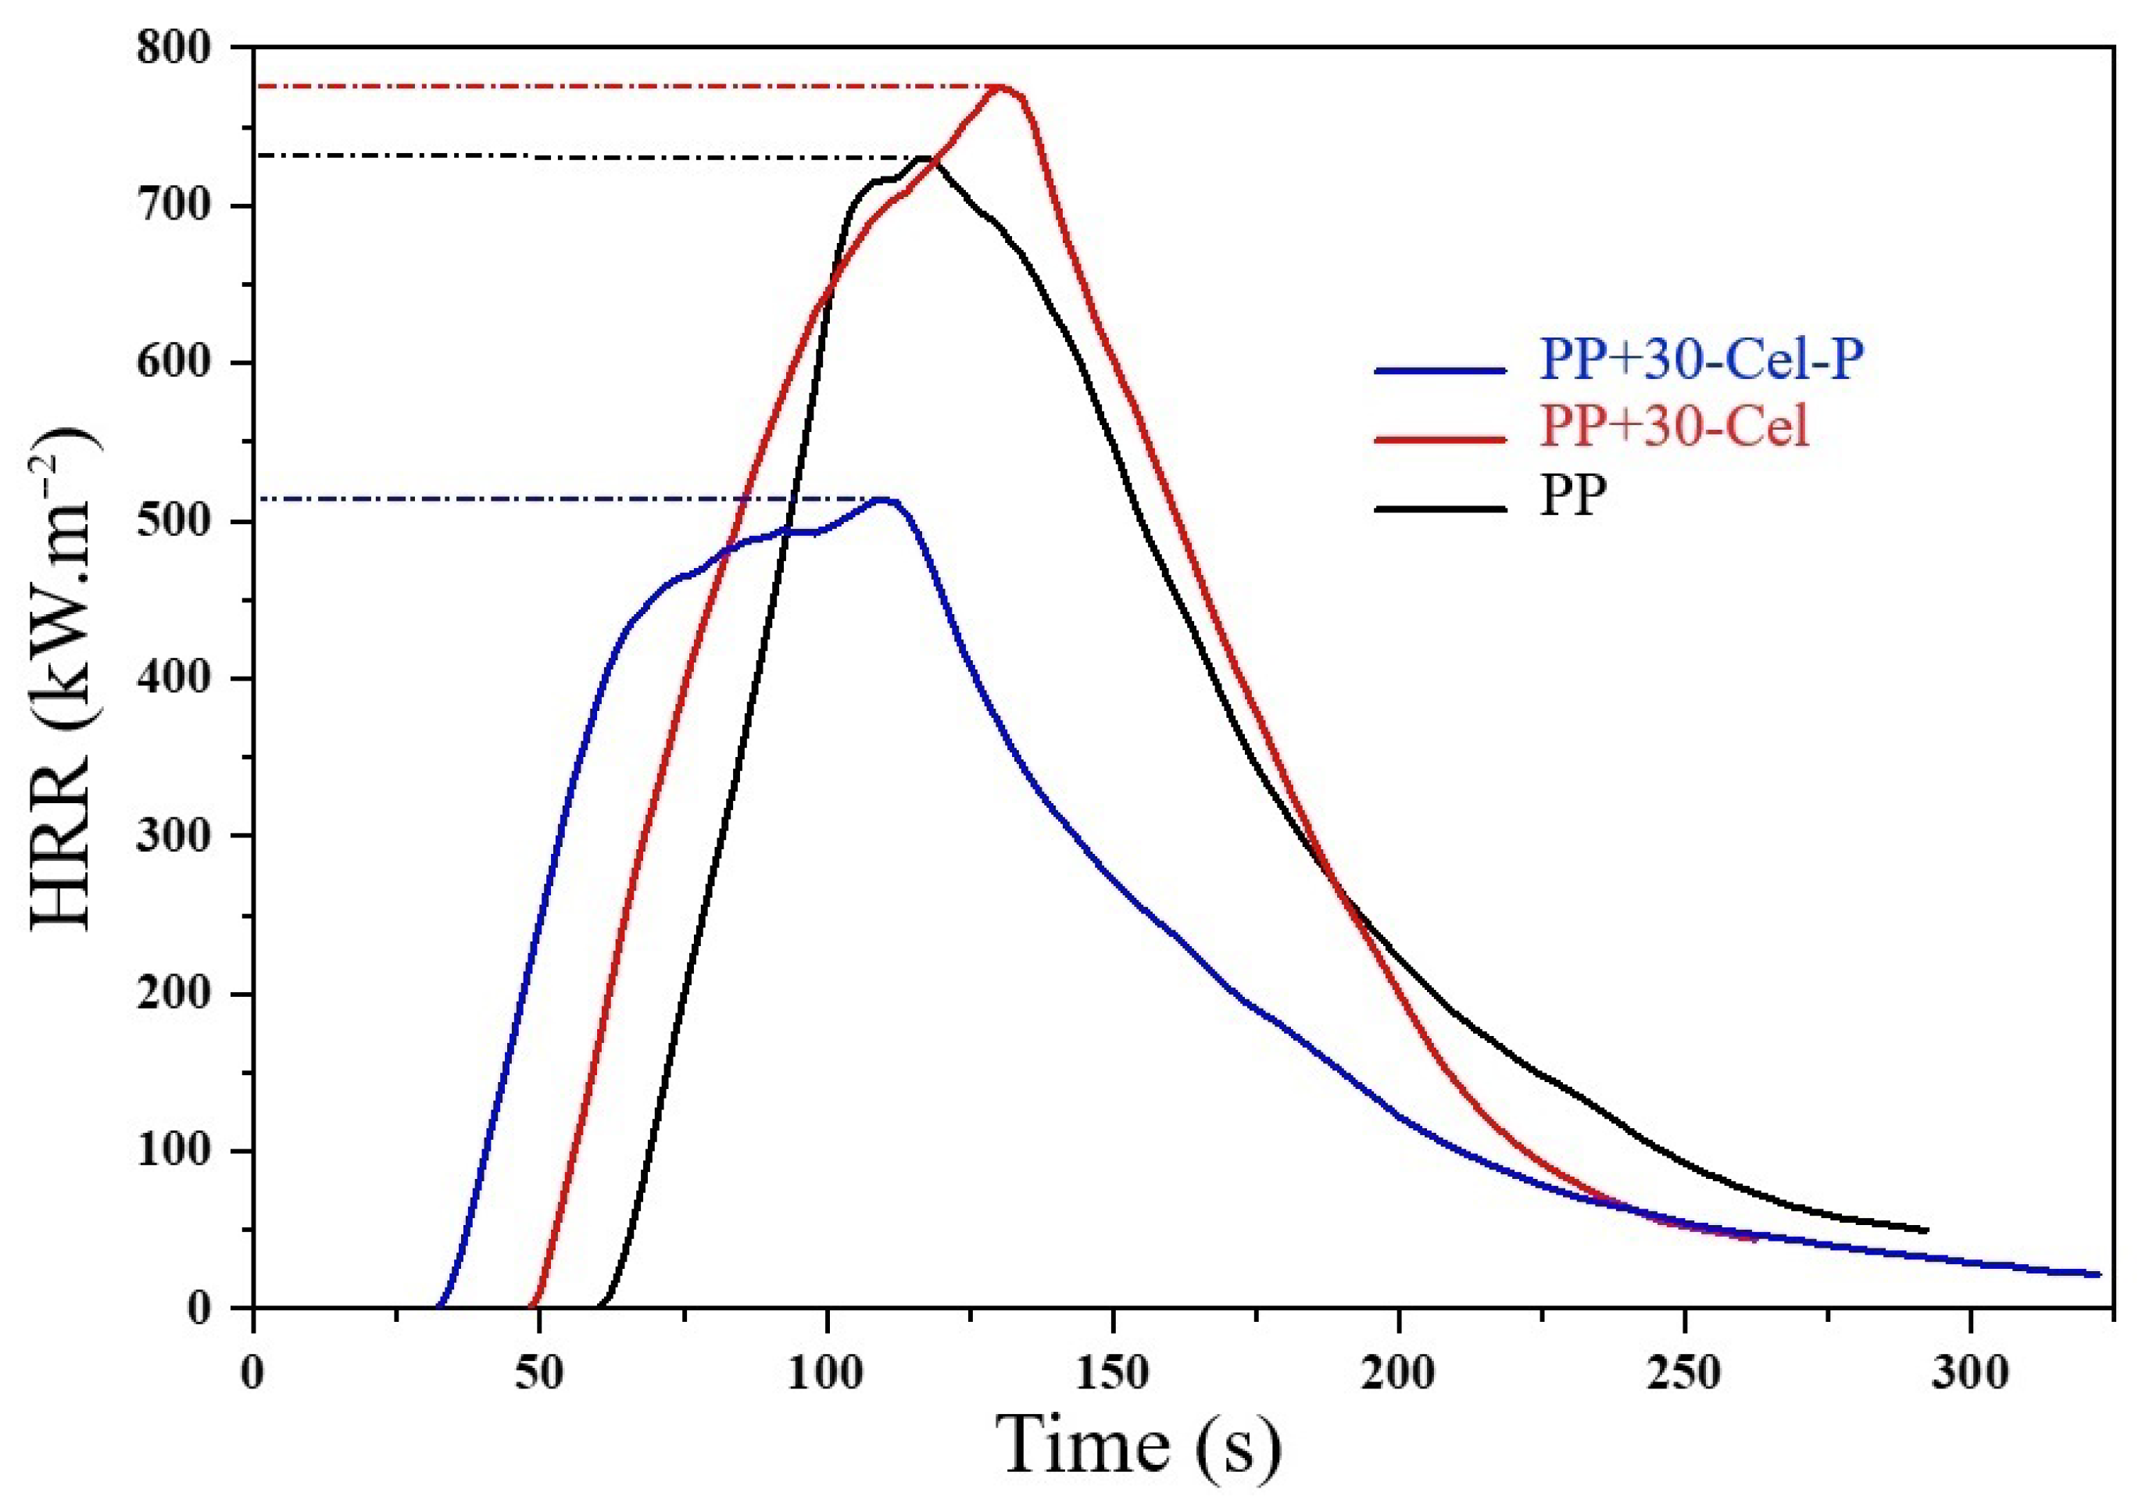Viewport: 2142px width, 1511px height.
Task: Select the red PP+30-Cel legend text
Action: pos(1675,427)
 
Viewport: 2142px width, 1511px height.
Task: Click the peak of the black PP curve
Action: pos(924,158)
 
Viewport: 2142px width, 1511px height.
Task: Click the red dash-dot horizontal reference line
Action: pos(606,86)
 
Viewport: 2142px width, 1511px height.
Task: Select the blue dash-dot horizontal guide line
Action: pos(560,499)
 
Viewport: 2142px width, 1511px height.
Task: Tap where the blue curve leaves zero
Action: pos(438,1305)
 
